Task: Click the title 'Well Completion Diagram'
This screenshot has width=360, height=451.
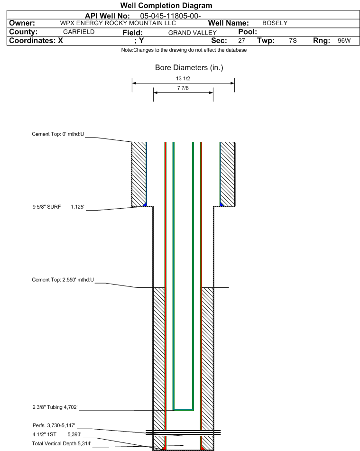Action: (166, 6)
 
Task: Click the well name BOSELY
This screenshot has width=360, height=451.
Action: (275, 23)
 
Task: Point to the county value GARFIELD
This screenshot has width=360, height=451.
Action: (79, 32)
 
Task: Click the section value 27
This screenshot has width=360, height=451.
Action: (241, 41)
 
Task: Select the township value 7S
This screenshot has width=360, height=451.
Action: (293, 41)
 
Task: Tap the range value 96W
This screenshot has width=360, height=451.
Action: (344, 41)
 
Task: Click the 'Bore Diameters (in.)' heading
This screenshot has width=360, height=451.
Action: (189, 68)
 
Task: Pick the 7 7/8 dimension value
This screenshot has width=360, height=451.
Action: (183, 88)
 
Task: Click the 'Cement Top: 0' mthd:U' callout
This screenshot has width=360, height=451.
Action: (58, 134)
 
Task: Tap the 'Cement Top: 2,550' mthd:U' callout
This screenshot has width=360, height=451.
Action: (63, 280)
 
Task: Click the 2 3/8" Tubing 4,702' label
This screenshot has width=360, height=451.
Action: (55, 406)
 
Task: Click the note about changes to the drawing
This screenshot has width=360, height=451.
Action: (184, 50)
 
